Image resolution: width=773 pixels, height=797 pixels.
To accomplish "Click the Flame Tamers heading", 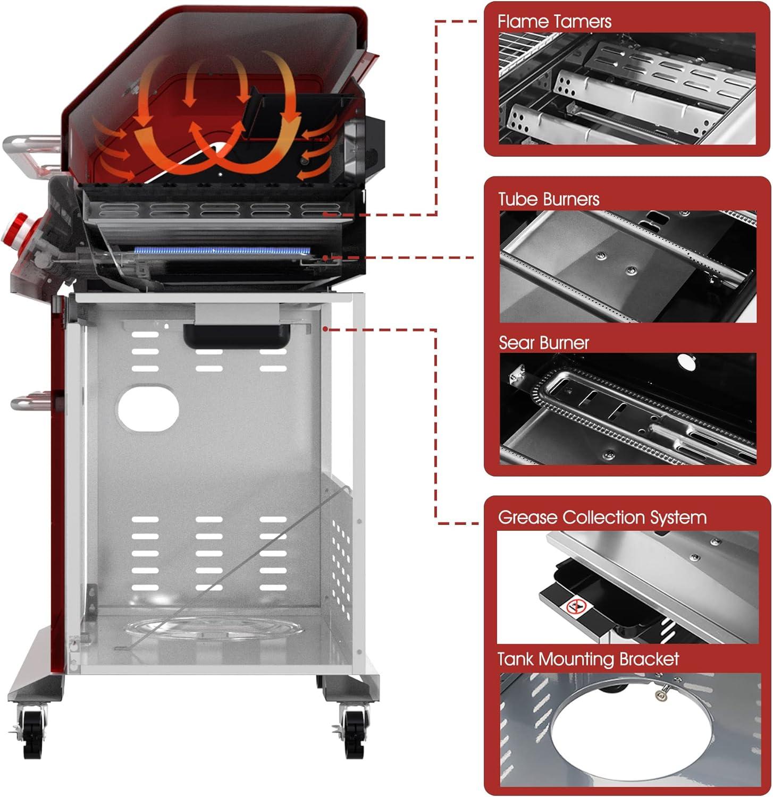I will [x=554, y=22].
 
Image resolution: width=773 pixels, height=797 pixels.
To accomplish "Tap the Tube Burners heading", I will [x=549, y=199].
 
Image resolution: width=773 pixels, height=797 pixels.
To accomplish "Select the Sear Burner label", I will [x=543, y=343].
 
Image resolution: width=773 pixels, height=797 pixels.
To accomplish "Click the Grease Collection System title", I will [x=602, y=518].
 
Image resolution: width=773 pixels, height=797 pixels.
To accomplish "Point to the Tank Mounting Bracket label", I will [x=588, y=659].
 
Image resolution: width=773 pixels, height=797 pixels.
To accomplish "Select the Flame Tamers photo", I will [x=627, y=88].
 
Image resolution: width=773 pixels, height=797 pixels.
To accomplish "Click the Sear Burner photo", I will [x=627, y=409].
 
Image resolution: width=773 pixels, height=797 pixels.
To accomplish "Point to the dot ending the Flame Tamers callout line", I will [x=325, y=214].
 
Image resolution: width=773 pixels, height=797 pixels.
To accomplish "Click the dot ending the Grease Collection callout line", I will [x=325, y=329].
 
